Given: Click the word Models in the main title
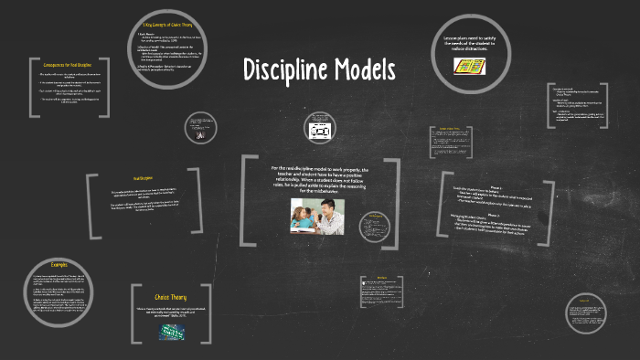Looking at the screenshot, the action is tap(364, 69).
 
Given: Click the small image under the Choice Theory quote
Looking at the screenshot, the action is tap(170, 333).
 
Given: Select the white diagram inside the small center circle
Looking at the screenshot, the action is tap(320, 131).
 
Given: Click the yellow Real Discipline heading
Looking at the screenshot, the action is tap(143, 178).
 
